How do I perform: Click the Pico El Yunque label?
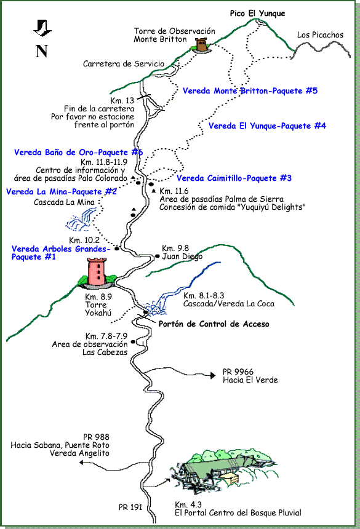(257, 14)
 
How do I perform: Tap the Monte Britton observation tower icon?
(201, 46)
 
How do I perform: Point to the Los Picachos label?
(320, 35)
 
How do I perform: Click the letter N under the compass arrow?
(42, 51)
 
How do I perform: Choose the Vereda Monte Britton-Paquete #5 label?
(250, 91)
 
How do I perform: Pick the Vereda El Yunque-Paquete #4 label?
(267, 126)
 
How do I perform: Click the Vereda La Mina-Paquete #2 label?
(62, 191)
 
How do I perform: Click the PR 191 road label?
(130, 507)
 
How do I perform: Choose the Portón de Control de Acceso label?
(214, 324)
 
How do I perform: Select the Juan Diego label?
(182, 257)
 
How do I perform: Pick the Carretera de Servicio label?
(124, 63)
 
